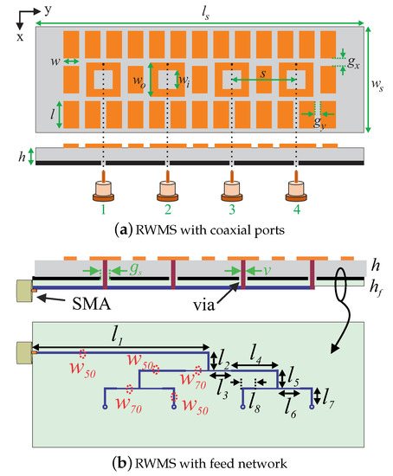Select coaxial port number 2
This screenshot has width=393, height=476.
tap(168, 190)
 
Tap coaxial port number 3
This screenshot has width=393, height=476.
tap(232, 190)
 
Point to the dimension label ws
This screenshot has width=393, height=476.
tap(378, 86)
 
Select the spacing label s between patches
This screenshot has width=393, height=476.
tap(262, 74)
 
